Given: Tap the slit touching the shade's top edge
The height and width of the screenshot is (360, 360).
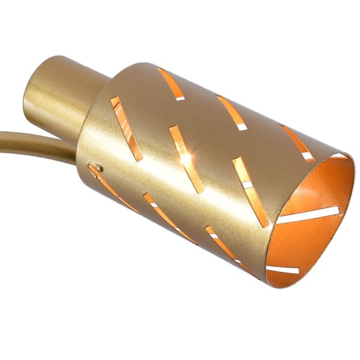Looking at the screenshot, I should (x=173, y=84).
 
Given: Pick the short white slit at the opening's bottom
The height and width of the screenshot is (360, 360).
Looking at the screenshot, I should (x=282, y=270).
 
